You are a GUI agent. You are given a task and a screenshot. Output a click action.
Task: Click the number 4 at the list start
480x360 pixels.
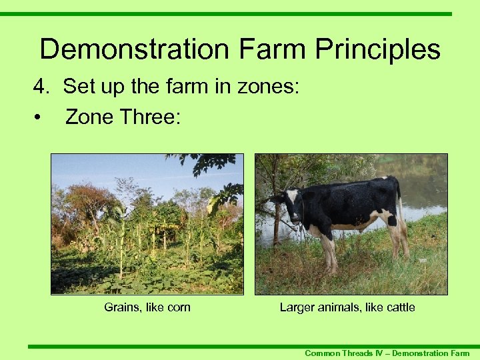click(x=41, y=87)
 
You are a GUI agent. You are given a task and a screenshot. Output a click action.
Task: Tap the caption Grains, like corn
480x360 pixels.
click(x=147, y=307)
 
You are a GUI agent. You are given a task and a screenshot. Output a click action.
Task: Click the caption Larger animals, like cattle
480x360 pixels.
click(x=347, y=307)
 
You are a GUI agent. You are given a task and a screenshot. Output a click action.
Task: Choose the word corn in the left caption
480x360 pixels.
click(x=178, y=307)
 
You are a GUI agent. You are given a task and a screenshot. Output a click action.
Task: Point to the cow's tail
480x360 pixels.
click(x=401, y=207)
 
